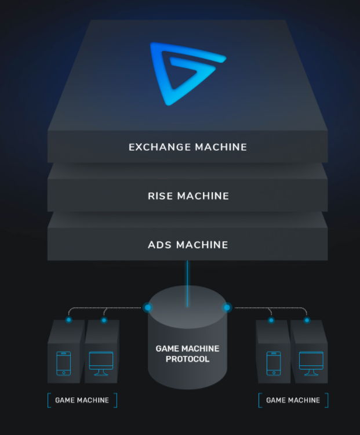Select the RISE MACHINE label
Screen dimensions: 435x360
coord(188,196)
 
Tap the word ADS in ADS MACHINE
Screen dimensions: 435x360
coord(160,245)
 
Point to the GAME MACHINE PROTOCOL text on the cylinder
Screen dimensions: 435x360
coord(187,354)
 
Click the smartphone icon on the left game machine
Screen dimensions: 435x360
coord(64,363)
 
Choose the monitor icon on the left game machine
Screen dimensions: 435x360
coord(101,362)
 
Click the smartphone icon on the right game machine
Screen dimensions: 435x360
coord(274,363)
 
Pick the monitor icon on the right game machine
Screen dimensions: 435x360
coord(311,362)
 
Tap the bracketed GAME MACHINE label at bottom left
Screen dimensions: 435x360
coord(82,400)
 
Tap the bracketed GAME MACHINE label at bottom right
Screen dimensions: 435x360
coord(293,400)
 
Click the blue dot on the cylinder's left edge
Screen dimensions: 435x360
coord(148,307)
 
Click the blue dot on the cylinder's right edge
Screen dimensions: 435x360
coord(227,307)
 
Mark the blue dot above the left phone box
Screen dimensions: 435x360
coord(69,320)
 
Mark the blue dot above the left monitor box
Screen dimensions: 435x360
coord(104,320)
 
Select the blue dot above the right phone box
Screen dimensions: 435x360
coord(271,320)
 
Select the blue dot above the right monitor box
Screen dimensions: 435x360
coord(307,320)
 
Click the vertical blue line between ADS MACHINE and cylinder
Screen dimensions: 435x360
coord(187,278)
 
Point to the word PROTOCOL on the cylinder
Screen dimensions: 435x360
coord(187,360)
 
